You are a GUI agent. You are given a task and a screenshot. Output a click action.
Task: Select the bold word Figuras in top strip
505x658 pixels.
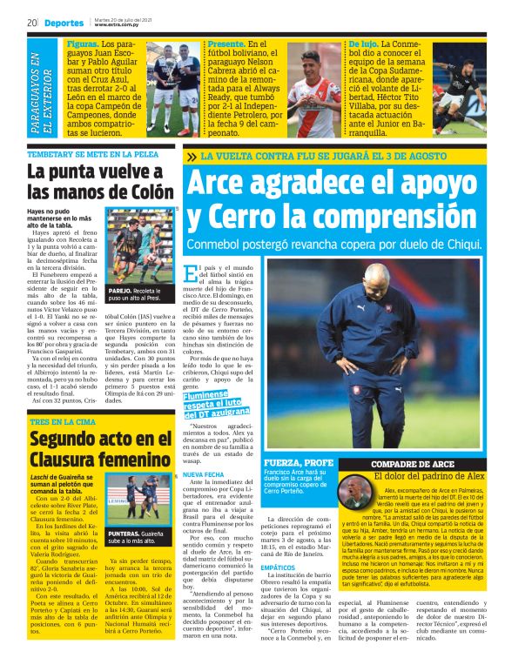coord(83,42)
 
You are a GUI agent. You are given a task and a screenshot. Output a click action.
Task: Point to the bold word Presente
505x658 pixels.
coord(225,42)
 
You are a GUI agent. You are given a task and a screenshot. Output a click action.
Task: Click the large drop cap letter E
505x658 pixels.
coord(192,275)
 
